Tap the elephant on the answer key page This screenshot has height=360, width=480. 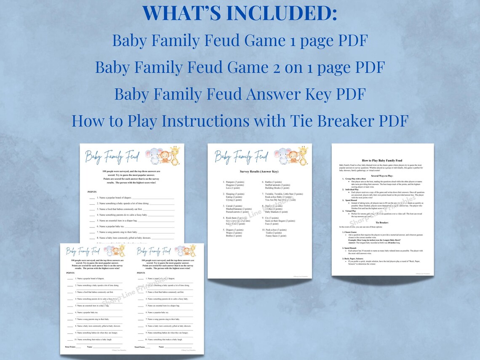click(x=281, y=155)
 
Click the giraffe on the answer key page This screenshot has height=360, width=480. click(x=303, y=155)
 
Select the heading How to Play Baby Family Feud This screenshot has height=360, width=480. click(x=382, y=160)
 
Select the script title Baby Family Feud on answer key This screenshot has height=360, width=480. click(x=241, y=157)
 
